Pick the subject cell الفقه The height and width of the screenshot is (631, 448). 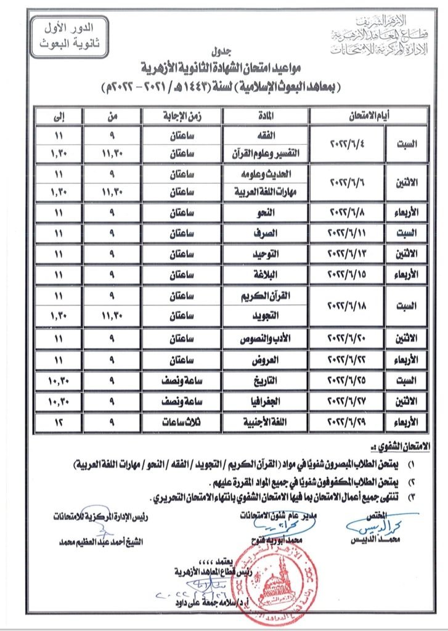(265, 133)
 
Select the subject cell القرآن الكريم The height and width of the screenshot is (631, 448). (265, 296)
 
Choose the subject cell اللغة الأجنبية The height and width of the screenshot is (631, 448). (265, 421)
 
